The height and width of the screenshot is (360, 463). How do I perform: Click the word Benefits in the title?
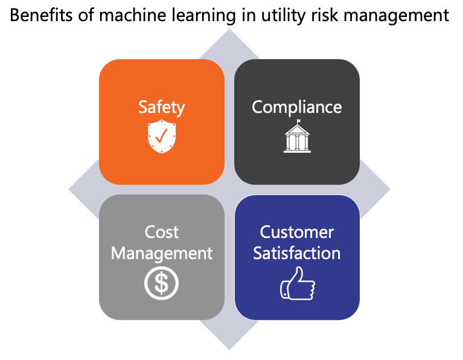click(x=41, y=14)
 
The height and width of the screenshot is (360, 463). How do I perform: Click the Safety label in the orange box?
click(x=162, y=108)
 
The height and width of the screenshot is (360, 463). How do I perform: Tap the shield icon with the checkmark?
click(x=162, y=137)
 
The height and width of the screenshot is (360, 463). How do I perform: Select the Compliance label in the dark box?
click(x=297, y=108)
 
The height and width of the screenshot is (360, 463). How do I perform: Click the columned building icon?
click(x=297, y=137)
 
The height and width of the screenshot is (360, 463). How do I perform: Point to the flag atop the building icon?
click(x=299, y=121)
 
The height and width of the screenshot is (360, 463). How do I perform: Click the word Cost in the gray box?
click(x=162, y=232)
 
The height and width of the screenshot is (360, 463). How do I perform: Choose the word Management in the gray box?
click(x=162, y=254)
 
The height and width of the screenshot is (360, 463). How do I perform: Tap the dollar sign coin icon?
click(x=162, y=283)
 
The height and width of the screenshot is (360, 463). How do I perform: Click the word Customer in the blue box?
click(x=297, y=232)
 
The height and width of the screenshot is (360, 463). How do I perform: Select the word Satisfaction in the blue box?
click(x=297, y=253)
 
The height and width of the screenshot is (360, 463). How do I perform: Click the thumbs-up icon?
click(x=298, y=284)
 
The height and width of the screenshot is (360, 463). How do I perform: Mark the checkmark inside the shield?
click(x=161, y=136)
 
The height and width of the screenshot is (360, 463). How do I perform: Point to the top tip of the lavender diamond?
click(x=229, y=29)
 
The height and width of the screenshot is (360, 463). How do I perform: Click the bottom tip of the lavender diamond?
click(x=229, y=350)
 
